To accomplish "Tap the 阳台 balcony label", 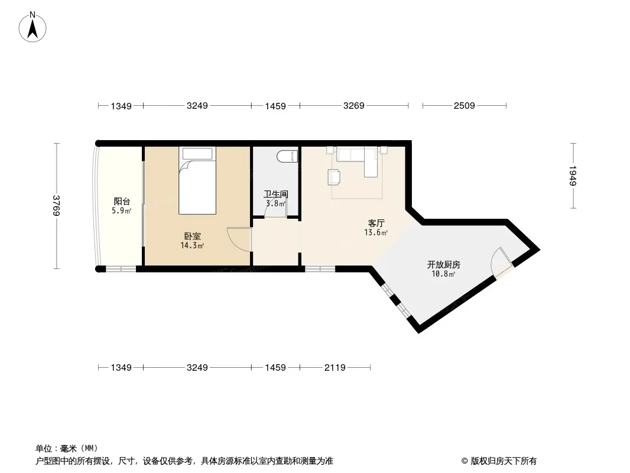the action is (122, 202).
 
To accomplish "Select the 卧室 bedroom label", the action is (193, 237).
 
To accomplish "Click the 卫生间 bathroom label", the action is (275, 194).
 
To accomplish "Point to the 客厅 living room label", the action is (376, 223).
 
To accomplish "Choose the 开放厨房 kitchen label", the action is (444, 264).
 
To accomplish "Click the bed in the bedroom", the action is (197, 181).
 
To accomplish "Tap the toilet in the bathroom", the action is (288, 156).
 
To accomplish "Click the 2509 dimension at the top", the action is (464, 106).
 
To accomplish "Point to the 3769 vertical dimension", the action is (57, 206).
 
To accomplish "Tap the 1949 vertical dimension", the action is (573, 176).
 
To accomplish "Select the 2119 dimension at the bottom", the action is (335, 367).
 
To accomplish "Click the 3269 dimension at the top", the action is (353, 106).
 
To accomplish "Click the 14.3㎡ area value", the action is (193, 245).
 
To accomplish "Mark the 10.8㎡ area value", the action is (443, 274).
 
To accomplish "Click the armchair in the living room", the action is (335, 177).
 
